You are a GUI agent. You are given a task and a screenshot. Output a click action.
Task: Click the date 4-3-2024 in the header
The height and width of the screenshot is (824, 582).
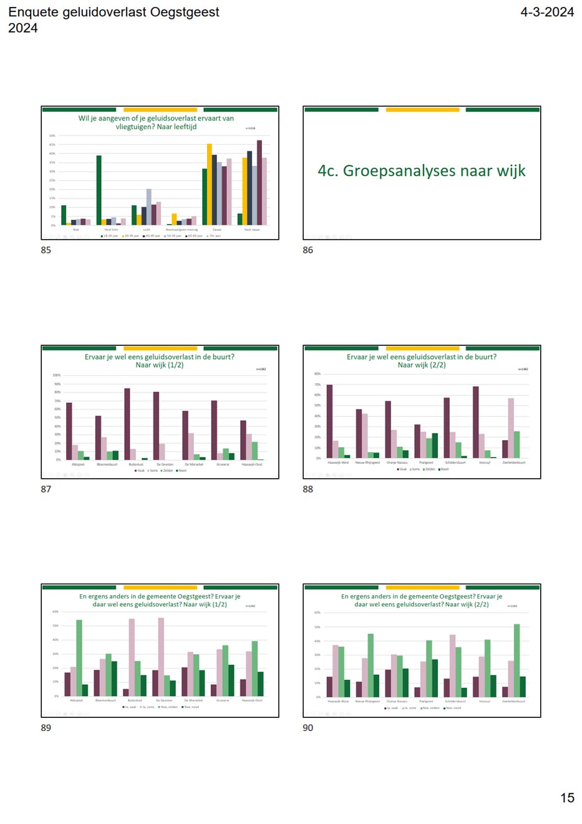pos(546,12)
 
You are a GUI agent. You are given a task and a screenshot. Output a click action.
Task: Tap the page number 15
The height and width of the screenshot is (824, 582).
pos(566,797)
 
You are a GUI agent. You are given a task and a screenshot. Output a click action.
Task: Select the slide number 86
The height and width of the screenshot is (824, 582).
pos(308,250)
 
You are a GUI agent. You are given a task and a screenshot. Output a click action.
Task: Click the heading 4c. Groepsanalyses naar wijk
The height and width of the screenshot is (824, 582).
pos(422,170)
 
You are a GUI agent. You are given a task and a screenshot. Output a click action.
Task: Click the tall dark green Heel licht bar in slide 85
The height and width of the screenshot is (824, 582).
pos(99,190)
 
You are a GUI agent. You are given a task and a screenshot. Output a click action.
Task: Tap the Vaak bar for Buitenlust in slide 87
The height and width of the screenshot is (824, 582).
pos(127,424)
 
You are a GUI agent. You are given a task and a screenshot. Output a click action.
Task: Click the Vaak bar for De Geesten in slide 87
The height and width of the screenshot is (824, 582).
pos(156,426)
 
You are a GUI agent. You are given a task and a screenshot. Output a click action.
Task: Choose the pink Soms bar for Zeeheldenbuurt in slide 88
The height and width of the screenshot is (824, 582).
pos(511,428)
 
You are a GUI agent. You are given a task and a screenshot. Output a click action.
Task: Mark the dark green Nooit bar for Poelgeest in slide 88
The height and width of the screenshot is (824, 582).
pos(435,446)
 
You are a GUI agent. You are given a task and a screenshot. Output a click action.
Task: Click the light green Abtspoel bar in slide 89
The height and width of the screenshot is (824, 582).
pos(79,657)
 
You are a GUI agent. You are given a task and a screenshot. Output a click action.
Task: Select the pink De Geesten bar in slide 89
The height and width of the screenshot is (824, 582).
pos(161,657)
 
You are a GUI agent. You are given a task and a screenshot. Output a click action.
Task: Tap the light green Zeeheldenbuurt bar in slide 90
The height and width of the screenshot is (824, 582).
pos(517,660)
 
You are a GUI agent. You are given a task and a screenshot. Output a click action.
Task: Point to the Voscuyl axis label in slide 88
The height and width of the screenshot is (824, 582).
pos(485,463)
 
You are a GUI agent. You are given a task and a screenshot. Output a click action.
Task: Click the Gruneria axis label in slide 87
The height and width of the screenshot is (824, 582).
pos(223,464)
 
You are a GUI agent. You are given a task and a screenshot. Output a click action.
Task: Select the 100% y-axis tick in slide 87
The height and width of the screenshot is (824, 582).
pos(56,375)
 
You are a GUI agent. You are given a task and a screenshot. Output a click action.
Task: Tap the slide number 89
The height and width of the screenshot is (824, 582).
pos(46,727)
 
